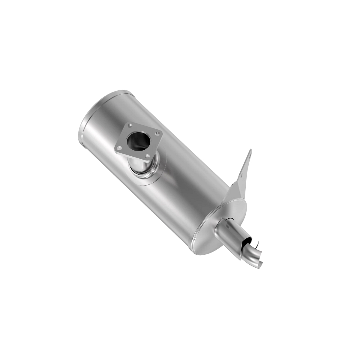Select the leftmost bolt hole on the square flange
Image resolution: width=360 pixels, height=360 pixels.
point(119,147)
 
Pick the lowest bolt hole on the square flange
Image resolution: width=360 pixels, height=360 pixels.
point(147,155)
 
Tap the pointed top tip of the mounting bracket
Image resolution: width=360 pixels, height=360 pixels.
point(250,150)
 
